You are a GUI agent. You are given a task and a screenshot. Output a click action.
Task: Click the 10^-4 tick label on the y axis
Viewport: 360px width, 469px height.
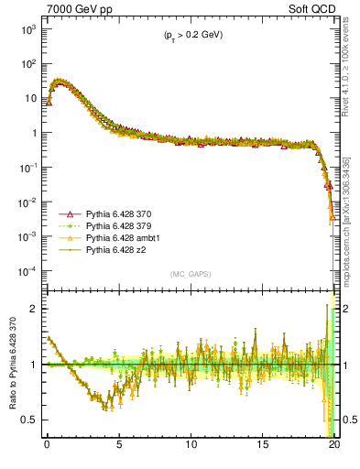point(26,271)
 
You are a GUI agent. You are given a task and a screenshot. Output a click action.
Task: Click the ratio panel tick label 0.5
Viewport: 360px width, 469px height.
point(29,420)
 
